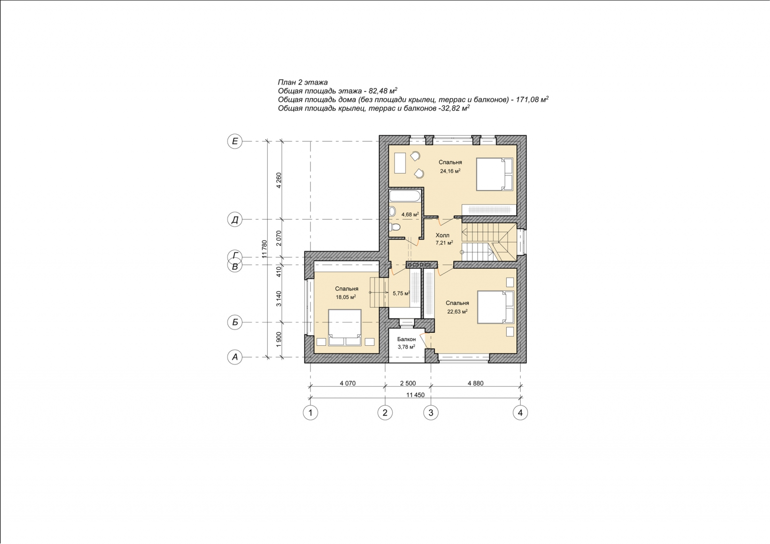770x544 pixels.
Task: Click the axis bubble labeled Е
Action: coord(235,141)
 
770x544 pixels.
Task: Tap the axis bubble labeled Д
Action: coord(235,220)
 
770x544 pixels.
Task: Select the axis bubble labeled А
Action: coord(235,357)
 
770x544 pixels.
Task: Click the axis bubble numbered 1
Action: coord(310,412)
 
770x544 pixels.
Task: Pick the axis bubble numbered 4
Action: coord(520,412)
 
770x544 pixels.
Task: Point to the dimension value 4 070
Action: coord(347,383)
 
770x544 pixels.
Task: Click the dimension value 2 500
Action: coord(408,383)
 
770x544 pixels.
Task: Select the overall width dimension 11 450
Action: coord(415,395)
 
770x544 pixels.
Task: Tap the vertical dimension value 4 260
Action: coord(279,180)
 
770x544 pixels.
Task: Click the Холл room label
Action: coord(442,235)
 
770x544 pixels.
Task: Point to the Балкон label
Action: coord(406,340)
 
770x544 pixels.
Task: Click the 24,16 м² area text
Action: coord(450,171)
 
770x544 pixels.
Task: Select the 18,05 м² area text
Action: coord(346,297)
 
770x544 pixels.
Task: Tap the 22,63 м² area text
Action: coord(457,312)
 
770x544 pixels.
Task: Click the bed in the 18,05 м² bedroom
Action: coord(345,327)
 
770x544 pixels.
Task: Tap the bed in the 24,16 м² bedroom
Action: coord(494,174)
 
